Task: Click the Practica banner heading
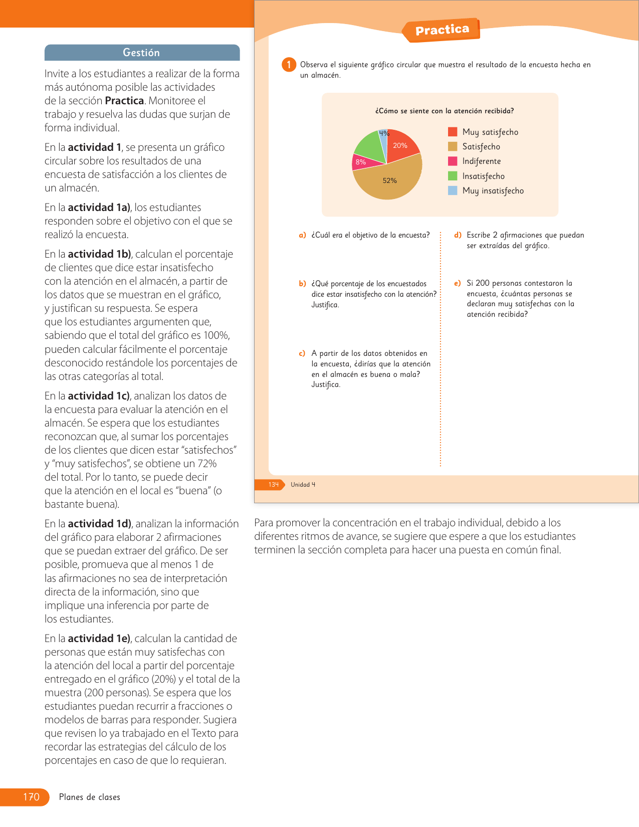442,30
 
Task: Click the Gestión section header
142,53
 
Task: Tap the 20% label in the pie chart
400,146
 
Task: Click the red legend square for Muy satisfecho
453,132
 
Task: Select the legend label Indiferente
481,161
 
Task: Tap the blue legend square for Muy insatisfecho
453,190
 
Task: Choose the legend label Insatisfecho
483,176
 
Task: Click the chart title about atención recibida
445,111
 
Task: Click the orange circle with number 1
289,65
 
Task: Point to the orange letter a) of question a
302,235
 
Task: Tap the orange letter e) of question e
457,283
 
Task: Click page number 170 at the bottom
31,797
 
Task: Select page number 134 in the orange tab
273,485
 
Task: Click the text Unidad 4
303,485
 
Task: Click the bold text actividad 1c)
99,396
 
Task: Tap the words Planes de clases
90,797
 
